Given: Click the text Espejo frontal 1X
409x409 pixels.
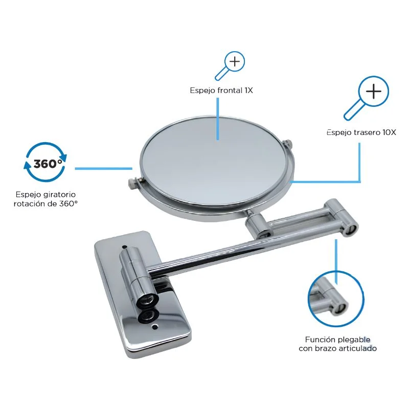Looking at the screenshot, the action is point(221,90).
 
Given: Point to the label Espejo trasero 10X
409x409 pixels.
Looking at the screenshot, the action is point(361,132).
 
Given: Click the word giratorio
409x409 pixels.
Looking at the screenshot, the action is point(59,195).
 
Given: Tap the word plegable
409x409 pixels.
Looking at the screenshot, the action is point(354,340).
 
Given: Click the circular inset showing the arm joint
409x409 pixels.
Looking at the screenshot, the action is point(336,299).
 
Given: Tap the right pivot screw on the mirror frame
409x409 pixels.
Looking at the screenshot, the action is point(288,144).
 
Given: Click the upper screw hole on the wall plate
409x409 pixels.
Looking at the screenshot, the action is point(124,247).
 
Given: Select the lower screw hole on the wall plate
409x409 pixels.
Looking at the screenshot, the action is point(155,326).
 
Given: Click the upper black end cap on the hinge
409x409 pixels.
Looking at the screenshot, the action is point(147,300).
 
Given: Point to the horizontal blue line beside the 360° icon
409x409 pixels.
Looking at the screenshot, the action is point(104,169).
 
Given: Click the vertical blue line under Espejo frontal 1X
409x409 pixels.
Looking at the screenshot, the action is point(218,119).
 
